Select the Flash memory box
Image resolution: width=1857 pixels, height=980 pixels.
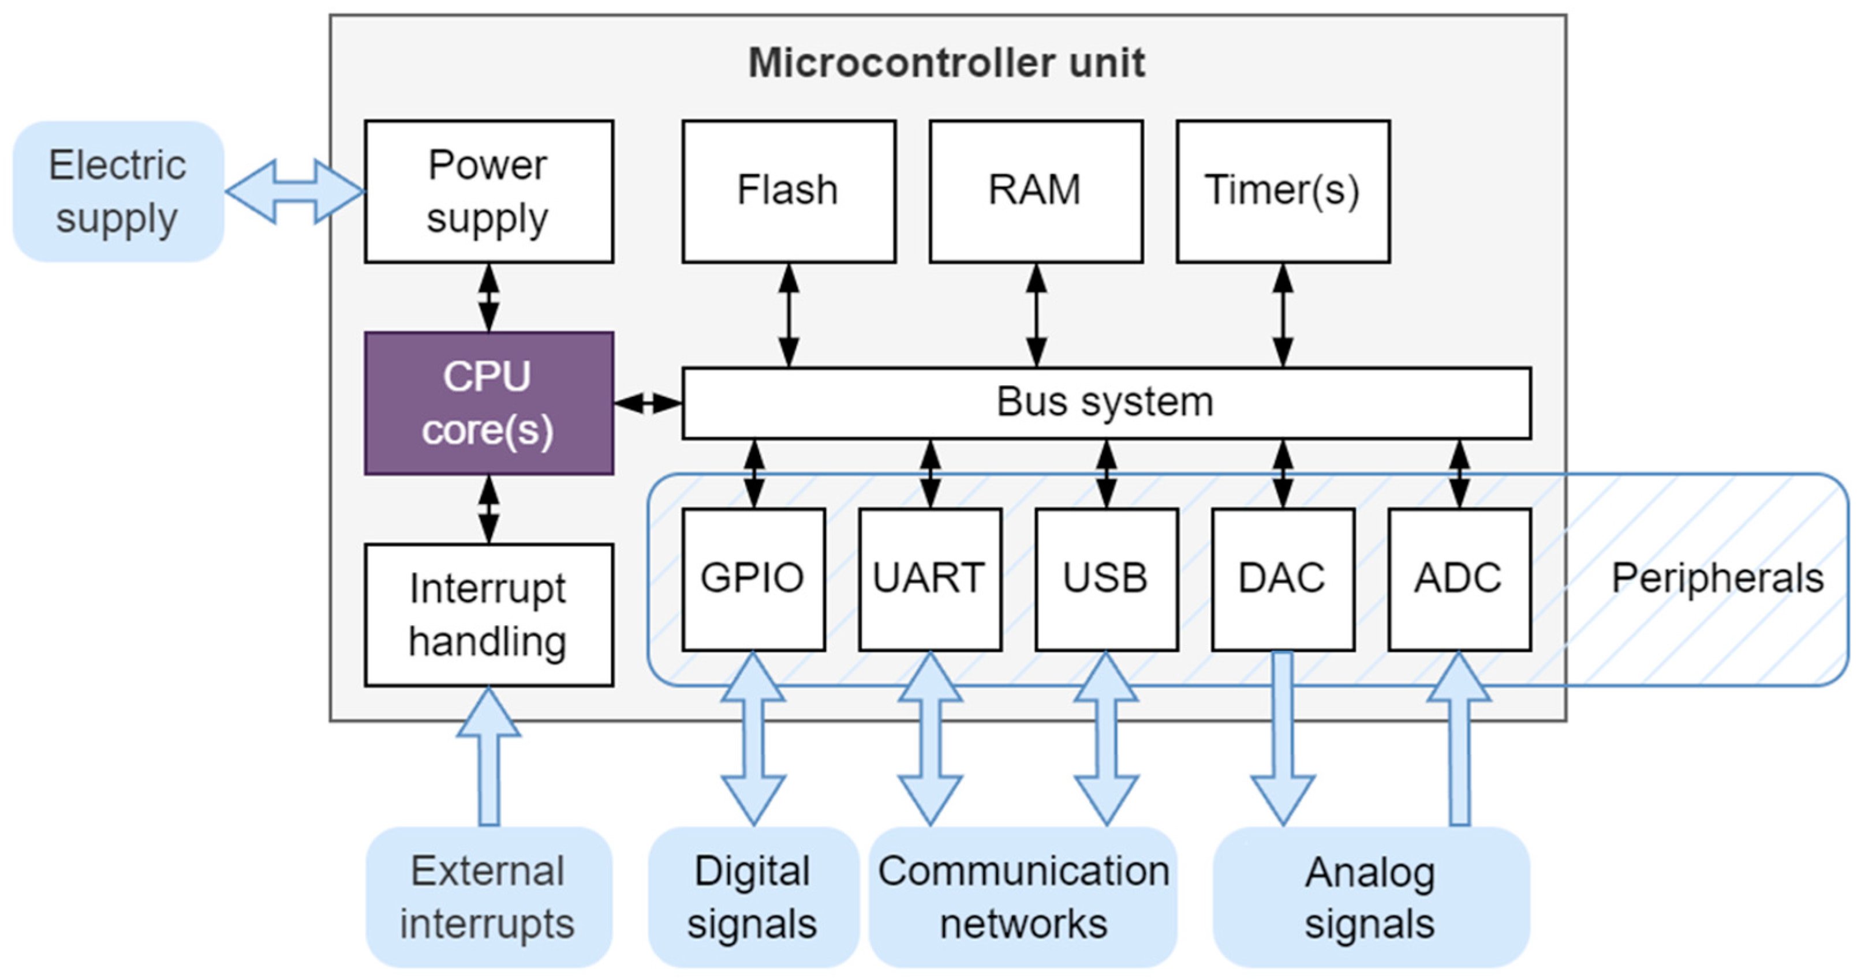tap(789, 191)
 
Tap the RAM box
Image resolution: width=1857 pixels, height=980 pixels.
tap(1036, 191)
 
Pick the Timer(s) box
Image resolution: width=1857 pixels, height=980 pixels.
tap(1283, 191)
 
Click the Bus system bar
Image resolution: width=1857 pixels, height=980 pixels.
tap(1106, 403)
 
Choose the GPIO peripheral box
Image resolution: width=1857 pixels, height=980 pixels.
tap(753, 579)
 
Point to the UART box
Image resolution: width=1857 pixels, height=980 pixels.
tap(930, 579)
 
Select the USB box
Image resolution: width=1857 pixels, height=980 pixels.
tap(1107, 579)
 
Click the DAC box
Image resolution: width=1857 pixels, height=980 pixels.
tap(1283, 579)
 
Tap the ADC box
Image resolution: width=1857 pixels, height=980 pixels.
tap(1460, 579)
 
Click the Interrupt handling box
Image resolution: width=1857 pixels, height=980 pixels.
tap(489, 615)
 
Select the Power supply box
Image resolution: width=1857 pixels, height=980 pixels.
tap(489, 191)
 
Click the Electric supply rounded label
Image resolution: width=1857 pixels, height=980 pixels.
tap(118, 191)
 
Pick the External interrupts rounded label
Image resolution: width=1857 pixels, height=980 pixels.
tap(489, 897)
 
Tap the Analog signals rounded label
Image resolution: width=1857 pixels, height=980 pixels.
tap(1370, 897)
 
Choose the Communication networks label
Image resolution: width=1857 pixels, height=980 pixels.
tap(1023, 897)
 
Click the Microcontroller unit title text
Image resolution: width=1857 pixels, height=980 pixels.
tap(947, 63)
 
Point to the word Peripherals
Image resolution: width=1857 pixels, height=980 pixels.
tap(1718, 579)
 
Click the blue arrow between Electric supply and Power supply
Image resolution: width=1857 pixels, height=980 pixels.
tap(295, 192)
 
